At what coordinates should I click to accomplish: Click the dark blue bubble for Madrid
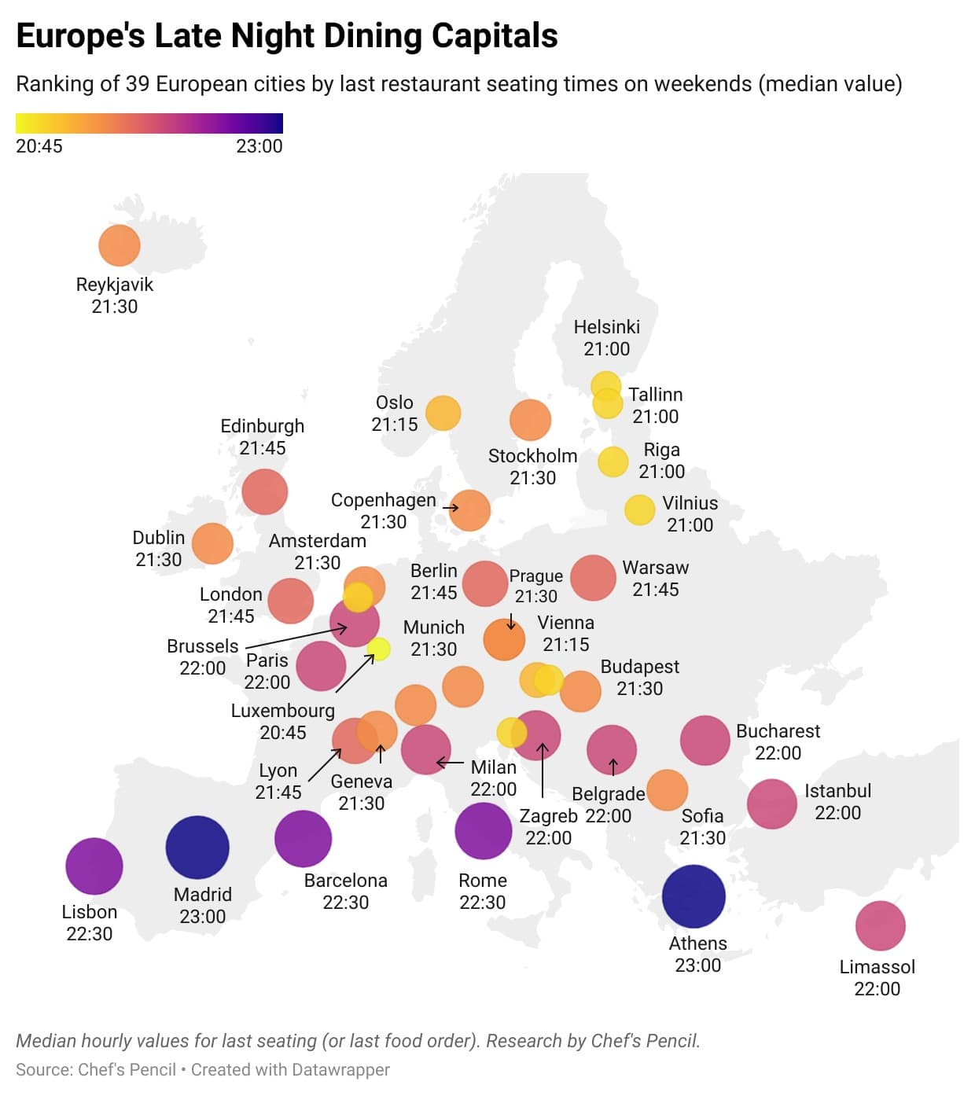click(x=197, y=847)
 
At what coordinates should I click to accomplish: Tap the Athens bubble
click(x=694, y=896)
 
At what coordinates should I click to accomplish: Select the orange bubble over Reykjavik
click(x=120, y=245)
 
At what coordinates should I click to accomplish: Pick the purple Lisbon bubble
click(x=94, y=866)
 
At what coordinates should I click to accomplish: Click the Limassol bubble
click(x=880, y=926)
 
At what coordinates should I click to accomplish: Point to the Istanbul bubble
click(x=771, y=804)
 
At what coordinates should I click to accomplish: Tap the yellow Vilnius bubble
click(x=639, y=510)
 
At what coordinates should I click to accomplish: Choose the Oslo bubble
click(x=443, y=413)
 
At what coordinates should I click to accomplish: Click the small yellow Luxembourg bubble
click(x=378, y=649)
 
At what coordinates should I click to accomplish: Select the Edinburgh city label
click(x=262, y=426)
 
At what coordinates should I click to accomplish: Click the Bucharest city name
click(x=778, y=731)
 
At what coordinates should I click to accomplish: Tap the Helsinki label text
click(x=606, y=327)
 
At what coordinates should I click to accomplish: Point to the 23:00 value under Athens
click(x=697, y=965)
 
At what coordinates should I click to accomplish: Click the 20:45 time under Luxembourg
click(x=282, y=733)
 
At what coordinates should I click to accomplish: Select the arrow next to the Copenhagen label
click(x=451, y=508)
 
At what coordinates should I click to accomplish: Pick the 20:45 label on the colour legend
click(x=39, y=146)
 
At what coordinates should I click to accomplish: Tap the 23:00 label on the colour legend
click(x=259, y=146)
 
